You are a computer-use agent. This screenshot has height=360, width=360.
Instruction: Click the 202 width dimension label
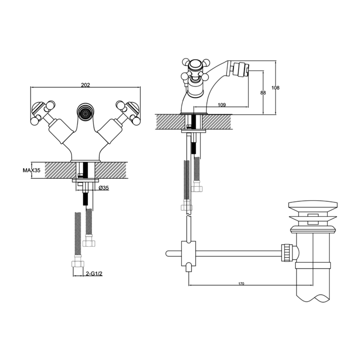(85, 85)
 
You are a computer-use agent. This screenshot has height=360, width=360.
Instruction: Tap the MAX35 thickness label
(31, 170)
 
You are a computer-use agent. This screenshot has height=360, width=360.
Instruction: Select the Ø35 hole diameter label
(104, 188)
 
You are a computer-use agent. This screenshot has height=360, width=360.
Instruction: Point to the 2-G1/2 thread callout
(94, 274)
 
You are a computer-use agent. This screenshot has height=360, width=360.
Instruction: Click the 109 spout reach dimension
(221, 105)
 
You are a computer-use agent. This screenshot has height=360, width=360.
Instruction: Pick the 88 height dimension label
(263, 93)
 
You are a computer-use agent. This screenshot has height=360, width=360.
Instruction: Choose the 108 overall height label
(275, 87)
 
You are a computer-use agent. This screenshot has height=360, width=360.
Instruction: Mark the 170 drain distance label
(241, 283)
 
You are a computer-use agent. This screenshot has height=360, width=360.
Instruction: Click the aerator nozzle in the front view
(85, 112)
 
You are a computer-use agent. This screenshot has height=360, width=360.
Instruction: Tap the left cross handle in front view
(43, 112)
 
